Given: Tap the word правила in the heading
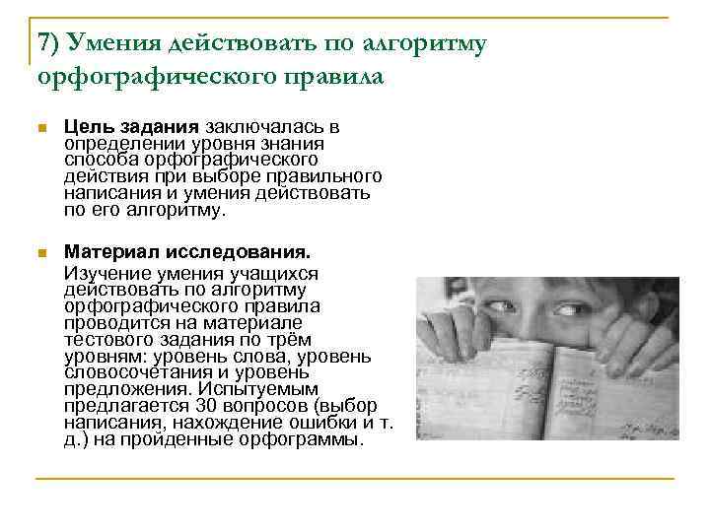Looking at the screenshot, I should coord(331,75).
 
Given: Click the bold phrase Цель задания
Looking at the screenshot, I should coord(132,128).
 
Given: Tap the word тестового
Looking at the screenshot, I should coord(105,338).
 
